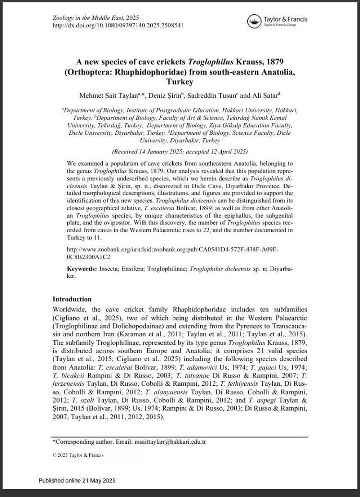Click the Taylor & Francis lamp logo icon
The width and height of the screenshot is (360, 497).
pos(254,21)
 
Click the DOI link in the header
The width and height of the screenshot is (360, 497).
pos(118,25)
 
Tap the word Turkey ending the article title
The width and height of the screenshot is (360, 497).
pos(180,82)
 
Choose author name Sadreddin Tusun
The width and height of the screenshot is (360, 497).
pos(213,95)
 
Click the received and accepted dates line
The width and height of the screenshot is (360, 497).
pos(180,152)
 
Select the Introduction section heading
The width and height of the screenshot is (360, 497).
pos(72,299)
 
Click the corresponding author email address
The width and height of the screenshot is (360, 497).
pos(170,442)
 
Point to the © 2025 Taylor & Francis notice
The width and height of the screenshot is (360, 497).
pos(78,455)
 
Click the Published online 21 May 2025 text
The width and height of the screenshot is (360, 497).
pos(77,480)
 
